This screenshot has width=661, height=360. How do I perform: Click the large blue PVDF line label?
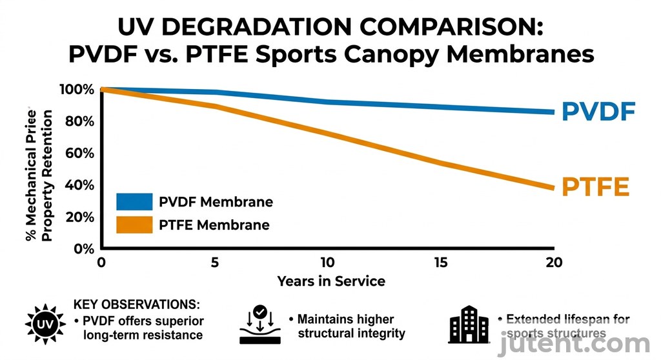click(x=598, y=112)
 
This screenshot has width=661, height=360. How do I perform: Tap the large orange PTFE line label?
click(x=595, y=187)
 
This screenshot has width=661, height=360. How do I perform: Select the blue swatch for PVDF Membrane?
click(x=134, y=202)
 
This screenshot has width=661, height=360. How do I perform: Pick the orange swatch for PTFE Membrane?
click(x=134, y=225)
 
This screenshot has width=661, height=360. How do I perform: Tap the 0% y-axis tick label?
click(x=85, y=249)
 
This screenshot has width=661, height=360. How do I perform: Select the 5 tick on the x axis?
click(x=215, y=263)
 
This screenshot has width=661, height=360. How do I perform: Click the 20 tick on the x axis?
click(x=554, y=263)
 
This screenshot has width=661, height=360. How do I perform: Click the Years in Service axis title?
click(x=331, y=281)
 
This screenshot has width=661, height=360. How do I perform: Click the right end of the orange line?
click(x=553, y=188)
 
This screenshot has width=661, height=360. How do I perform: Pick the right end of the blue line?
click(x=553, y=112)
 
